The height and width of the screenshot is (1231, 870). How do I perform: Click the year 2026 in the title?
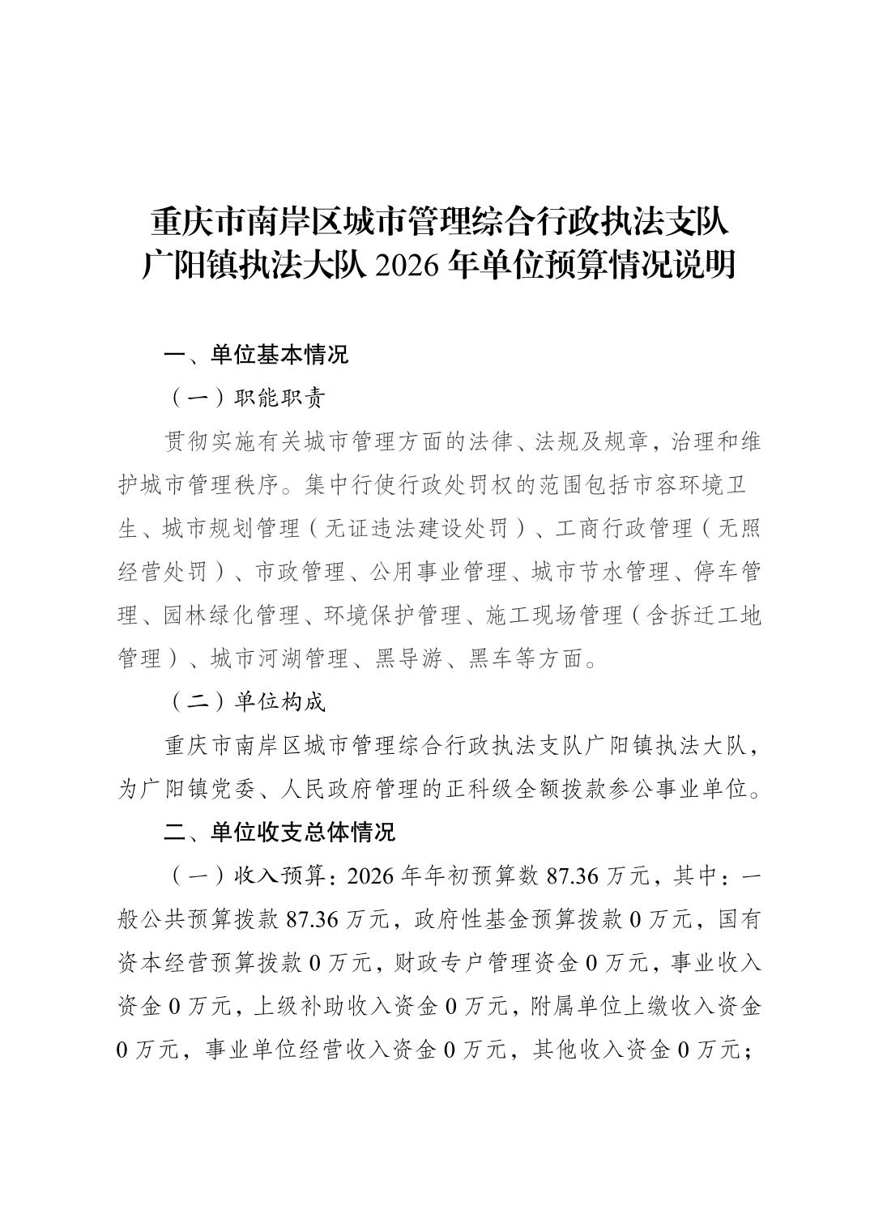(403, 265)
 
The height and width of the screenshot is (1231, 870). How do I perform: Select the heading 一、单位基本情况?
(256, 354)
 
